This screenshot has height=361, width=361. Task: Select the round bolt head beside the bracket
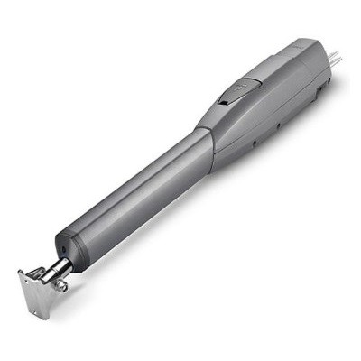click(x=61, y=285)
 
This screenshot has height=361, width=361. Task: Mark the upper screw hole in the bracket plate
click(x=28, y=281)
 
